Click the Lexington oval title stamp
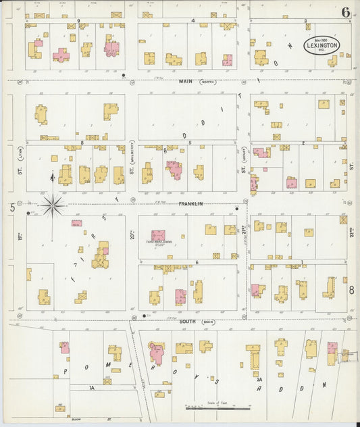pyautogui.click(x=322, y=45)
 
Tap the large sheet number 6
pyautogui.click(x=346, y=11)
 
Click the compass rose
pyautogui.click(x=53, y=205)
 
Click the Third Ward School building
pyautogui.click(x=159, y=236)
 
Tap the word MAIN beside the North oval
pyautogui.click(x=186, y=82)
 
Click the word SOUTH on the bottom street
pyautogui.click(x=187, y=322)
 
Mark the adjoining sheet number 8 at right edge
pyautogui.click(x=352, y=290)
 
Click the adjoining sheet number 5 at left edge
pyautogui.click(x=12, y=207)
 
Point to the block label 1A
pyautogui.click(x=92, y=388)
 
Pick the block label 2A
pyautogui.click(x=259, y=380)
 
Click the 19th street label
pyautogui.click(x=21, y=236)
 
